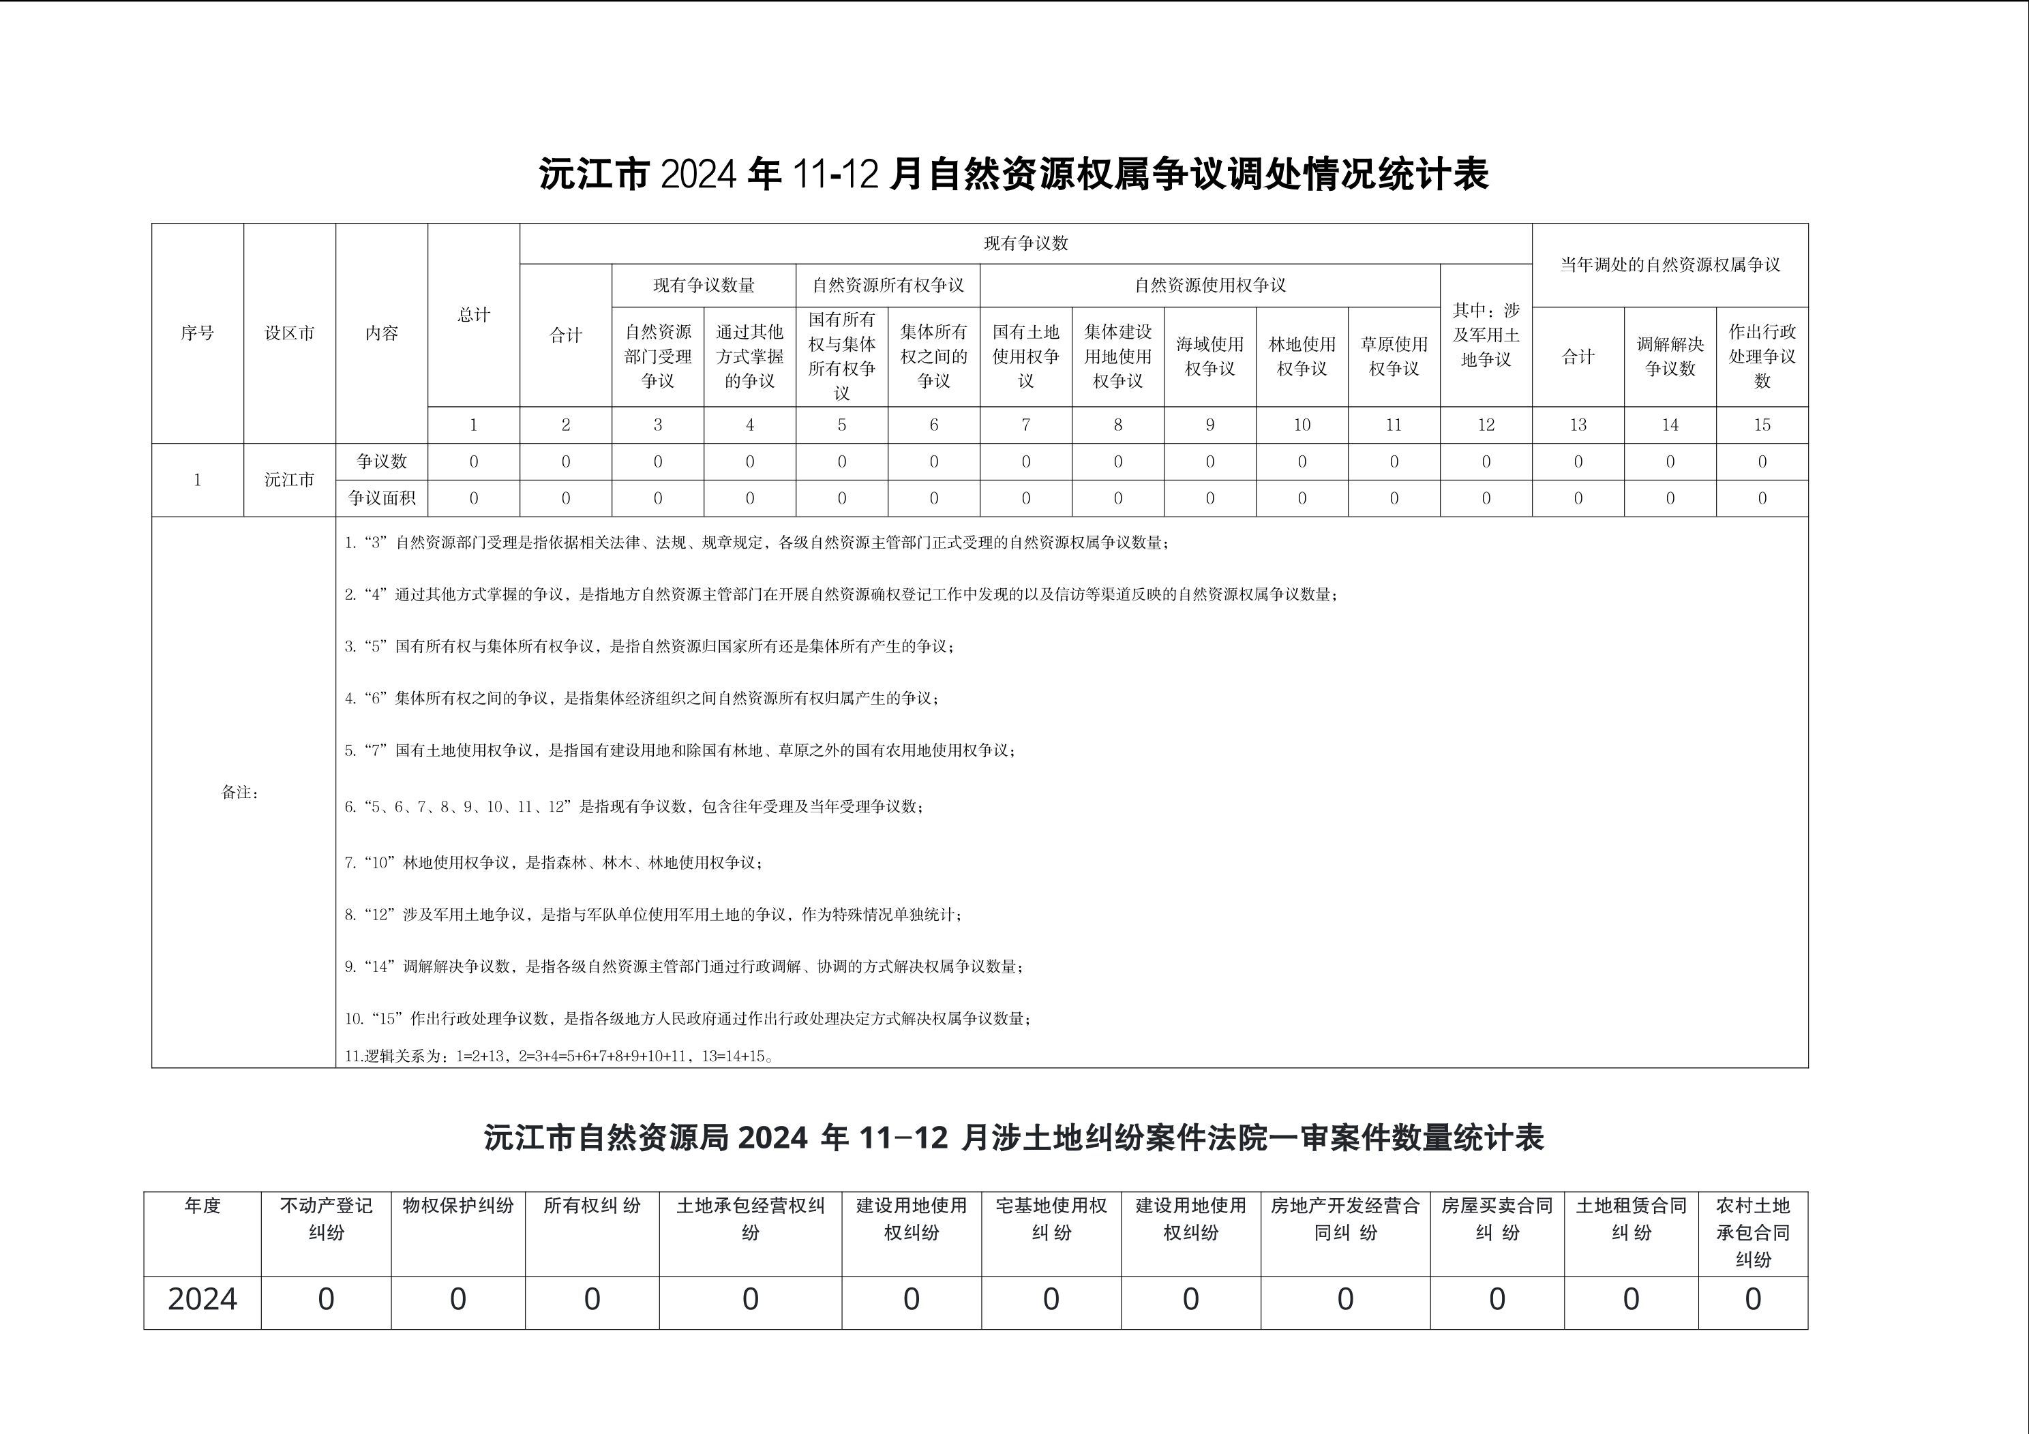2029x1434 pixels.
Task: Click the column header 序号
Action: pos(197,333)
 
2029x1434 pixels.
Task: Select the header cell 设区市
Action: pos(289,333)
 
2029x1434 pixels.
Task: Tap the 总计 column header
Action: pos(474,315)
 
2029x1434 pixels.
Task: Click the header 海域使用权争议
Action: pos(1209,356)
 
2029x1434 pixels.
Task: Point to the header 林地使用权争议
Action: pos(1302,356)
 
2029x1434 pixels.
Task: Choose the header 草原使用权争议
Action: pos(1394,356)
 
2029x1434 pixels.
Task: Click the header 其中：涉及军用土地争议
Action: pos(1486,335)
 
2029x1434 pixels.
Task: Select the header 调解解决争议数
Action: pos(1669,356)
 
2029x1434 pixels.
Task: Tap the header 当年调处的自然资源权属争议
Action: pos(1669,265)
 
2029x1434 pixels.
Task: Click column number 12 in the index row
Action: pos(1486,425)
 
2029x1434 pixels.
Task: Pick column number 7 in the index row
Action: pos(1025,425)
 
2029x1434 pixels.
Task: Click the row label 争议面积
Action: pos(382,498)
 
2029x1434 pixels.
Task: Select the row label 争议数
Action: pos(382,461)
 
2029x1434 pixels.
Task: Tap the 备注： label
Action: pos(241,793)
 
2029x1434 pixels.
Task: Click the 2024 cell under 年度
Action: pos(202,1300)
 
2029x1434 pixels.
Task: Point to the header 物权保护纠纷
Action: pos(457,1206)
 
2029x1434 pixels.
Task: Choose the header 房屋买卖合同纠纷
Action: pos(1497,1219)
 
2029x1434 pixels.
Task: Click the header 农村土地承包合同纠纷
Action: pos(1752,1232)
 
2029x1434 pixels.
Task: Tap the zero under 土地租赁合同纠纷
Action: pos(1630,1300)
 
